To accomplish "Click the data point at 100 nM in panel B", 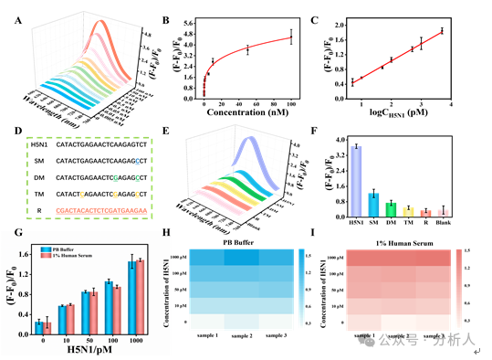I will pos(291,37).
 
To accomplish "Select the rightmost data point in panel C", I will pos(442,31).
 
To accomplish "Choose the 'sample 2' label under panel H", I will pos(242,336).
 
